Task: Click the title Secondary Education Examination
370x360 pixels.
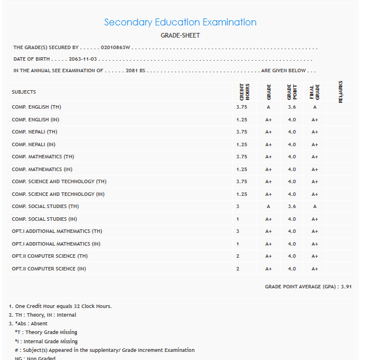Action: pos(180,23)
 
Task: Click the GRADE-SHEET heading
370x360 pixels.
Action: pos(180,36)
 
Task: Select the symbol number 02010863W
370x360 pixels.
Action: pos(116,47)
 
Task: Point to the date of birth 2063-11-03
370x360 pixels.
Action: pos(83,60)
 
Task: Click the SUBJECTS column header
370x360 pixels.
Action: pos(24,92)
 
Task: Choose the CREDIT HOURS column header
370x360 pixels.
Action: pos(244,92)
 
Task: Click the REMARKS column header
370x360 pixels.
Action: pos(341,92)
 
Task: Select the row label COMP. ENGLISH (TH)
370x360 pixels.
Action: pos(36,107)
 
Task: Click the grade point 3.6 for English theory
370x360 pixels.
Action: pos(291,107)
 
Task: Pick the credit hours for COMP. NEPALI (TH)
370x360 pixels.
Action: pos(242,132)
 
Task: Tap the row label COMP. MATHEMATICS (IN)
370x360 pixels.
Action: pos(42,169)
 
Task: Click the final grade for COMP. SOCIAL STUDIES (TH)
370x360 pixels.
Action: pos(314,206)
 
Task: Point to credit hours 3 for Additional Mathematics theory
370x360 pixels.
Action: pos(238,231)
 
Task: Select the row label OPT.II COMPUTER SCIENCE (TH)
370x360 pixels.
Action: pos(50,256)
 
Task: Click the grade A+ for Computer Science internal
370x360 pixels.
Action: pos(268,269)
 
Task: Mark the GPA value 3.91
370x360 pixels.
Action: pos(346,287)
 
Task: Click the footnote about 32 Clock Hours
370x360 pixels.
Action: pos(61,306)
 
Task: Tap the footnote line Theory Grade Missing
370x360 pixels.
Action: pos(46,332)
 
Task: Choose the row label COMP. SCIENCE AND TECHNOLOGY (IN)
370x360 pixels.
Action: pos(58,194)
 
